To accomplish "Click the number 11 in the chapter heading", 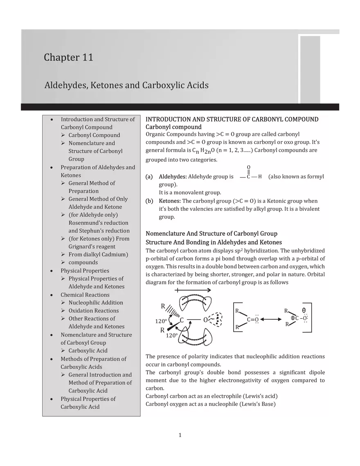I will coord(86,58).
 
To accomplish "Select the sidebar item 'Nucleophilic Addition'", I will coord(96,303).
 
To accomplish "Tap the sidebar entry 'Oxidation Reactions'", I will coord(94,311).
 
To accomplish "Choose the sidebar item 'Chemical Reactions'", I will coord(85,295).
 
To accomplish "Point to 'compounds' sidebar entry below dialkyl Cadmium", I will coord(83,263).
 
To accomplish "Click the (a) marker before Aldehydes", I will coord(149,177).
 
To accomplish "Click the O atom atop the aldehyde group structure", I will coord(249,167).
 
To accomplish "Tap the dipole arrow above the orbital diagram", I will coord(193,290).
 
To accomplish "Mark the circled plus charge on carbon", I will coord(293,318).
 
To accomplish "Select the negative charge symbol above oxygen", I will coord(304,311).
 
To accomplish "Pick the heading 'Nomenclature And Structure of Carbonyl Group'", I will coord(211,234).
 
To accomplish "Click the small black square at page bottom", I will coord(180,435).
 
